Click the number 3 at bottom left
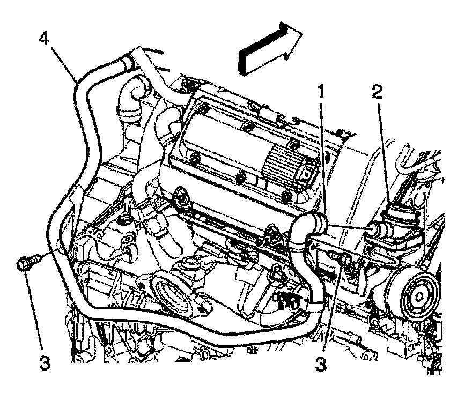[x=45, y=364]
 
